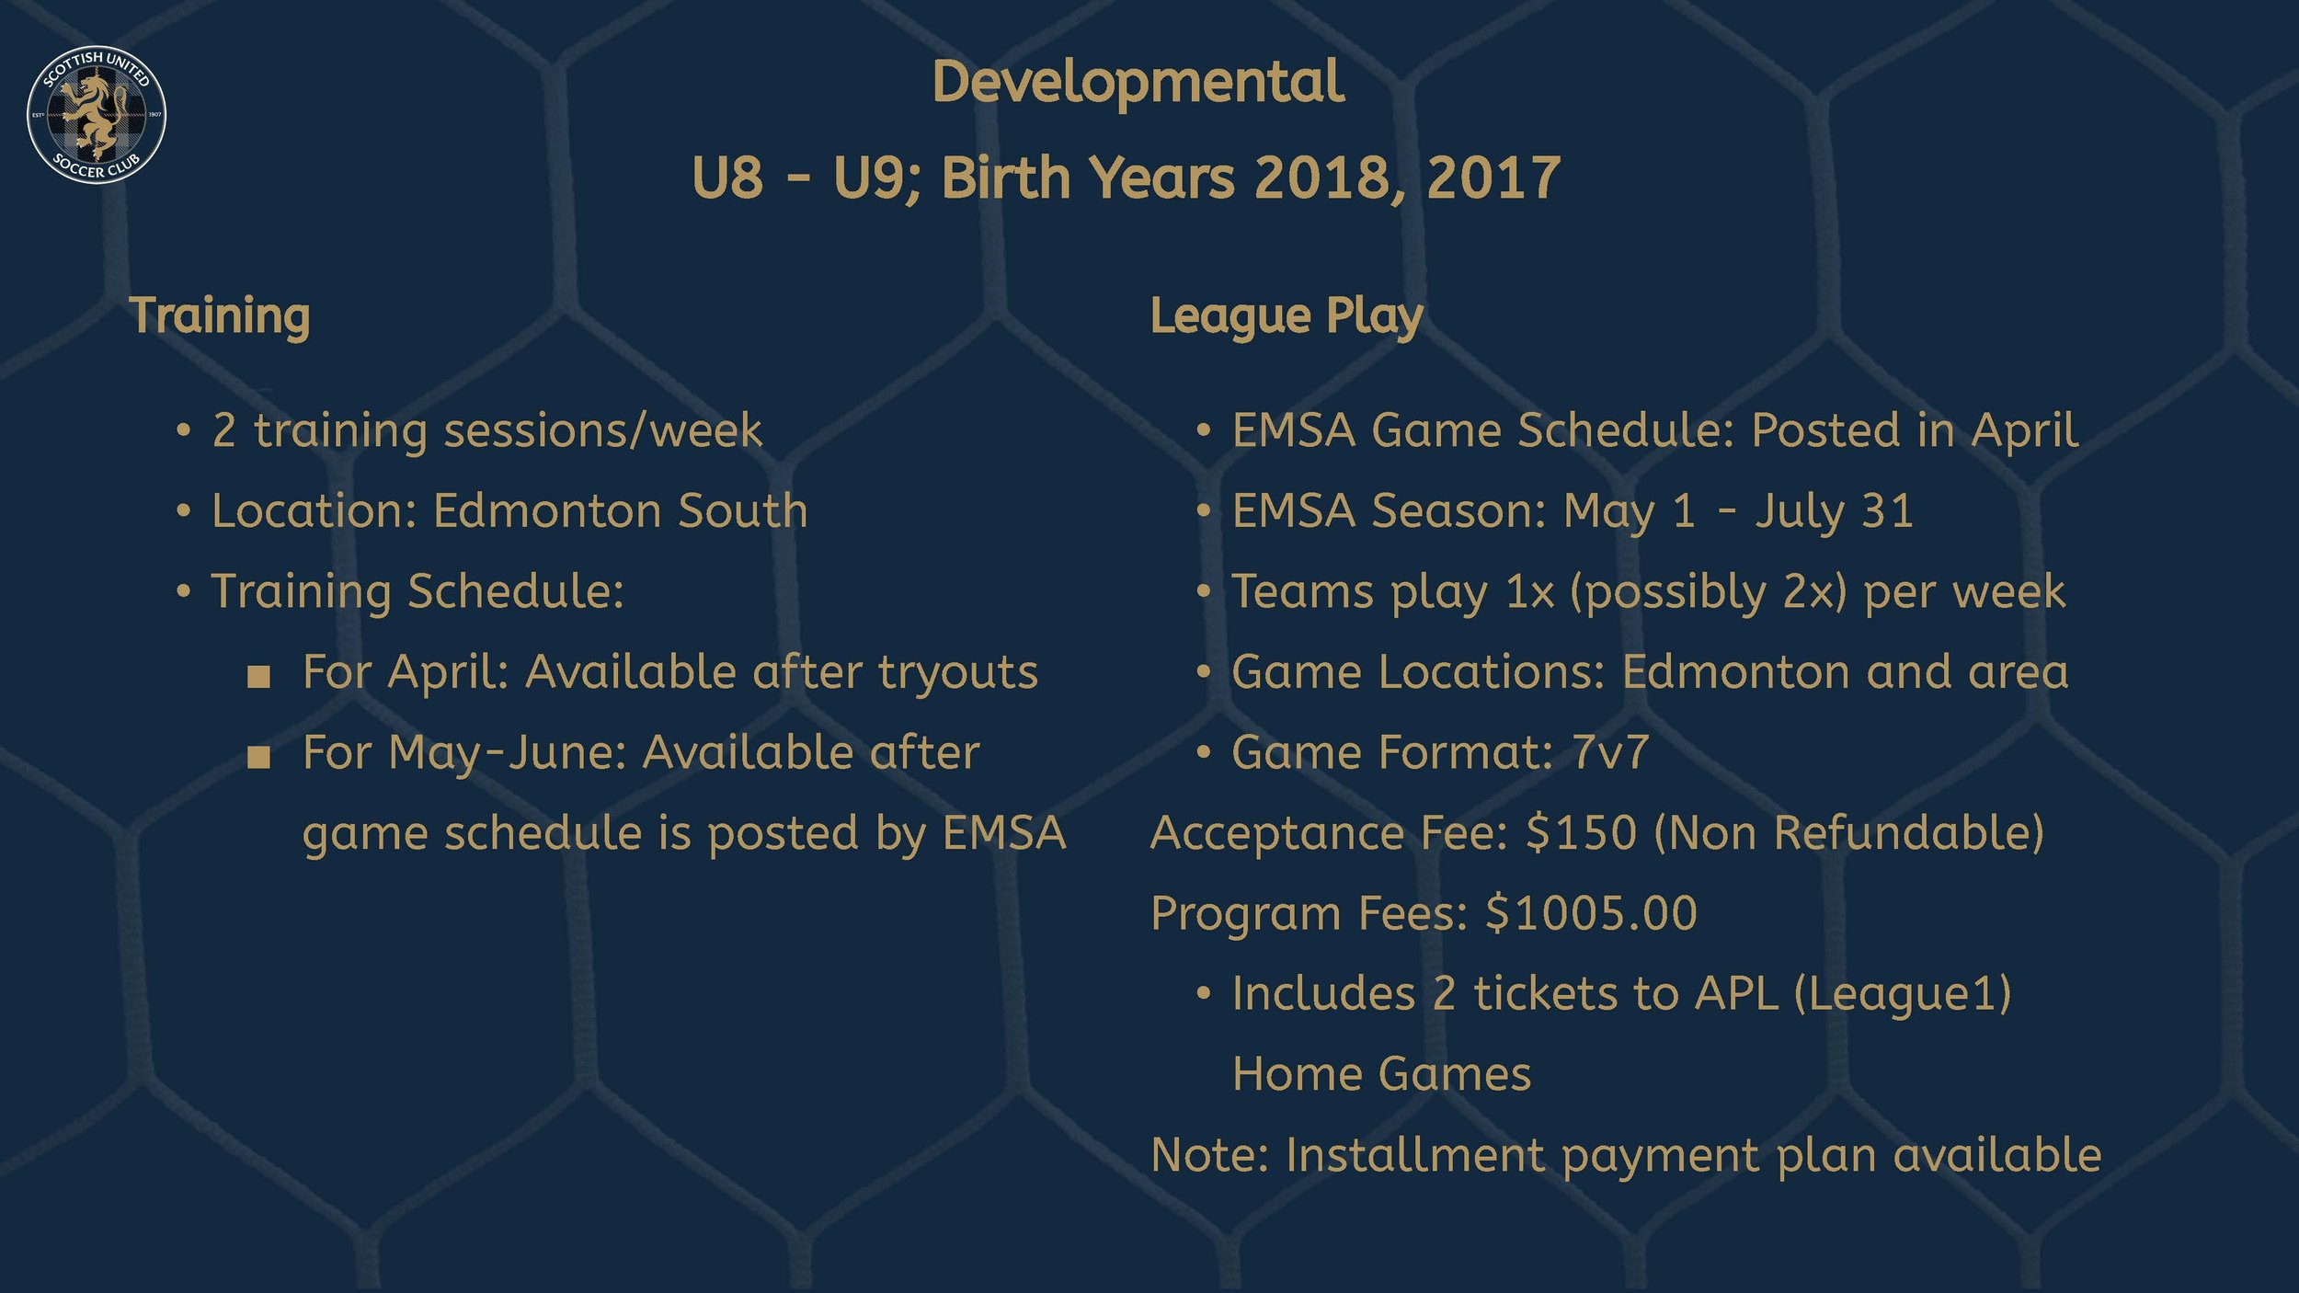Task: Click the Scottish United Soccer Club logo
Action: [97, 114]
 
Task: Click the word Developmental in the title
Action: [1138, 83]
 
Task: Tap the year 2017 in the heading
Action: [1493, 177]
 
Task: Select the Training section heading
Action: [219, 316]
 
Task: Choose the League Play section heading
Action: [1287, 316]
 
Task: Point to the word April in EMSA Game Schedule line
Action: [2024, 430]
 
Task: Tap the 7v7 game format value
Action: [1610, 752]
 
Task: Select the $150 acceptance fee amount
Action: [1581, 833]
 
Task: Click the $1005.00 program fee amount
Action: [1591, 913]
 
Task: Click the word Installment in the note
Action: [1414, 1155]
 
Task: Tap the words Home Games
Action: [1381, 1074]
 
